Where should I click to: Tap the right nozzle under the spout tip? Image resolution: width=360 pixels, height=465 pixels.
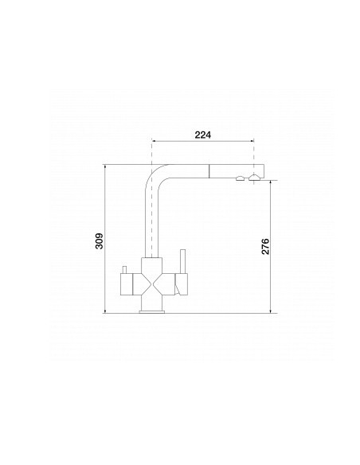click(x=252, y=179)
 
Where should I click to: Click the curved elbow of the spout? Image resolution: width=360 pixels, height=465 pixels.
click(x=154, y=174)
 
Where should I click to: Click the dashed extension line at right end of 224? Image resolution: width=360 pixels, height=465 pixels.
click(x=253, y=155)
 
